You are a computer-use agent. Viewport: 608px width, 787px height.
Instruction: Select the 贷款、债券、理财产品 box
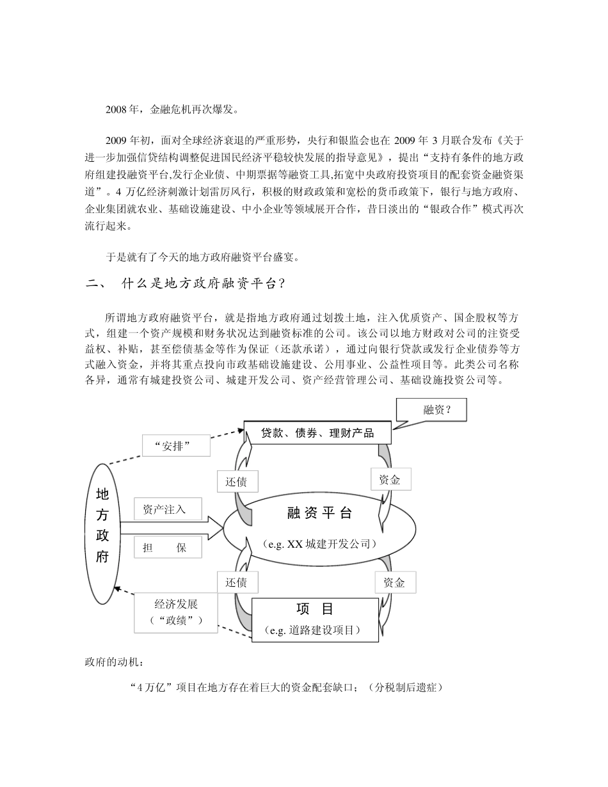[x=317, y=433]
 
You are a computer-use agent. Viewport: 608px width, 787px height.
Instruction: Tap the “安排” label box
[x=176, y=446]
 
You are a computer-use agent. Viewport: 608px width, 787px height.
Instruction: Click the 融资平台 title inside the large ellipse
[x=319, y=513]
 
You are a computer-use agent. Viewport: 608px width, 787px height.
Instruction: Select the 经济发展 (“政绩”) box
[x=176, y=612]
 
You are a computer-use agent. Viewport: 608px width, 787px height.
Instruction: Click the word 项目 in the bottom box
[x=315, y=609]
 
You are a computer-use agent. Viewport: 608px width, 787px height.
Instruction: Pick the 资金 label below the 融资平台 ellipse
[x=394, y=582]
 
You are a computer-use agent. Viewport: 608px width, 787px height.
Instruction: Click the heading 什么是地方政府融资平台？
[x=204, y=284]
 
